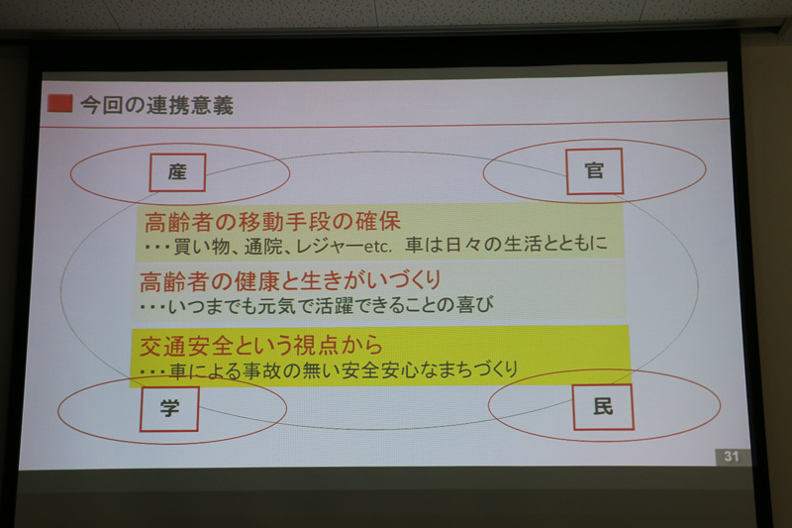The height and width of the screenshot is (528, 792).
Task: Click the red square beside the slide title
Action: tap(59, 103)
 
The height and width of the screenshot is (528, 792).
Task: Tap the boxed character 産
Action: tap(178, 172)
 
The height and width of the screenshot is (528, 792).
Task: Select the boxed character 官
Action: tap(595, 170)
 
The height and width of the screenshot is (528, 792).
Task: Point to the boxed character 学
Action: tap(169, 408)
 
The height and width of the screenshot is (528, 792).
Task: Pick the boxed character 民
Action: tap(603, 406)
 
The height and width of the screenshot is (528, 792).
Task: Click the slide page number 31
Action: tap(731, 457)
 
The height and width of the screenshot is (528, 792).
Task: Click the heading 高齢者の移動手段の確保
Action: tap(272, 220)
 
